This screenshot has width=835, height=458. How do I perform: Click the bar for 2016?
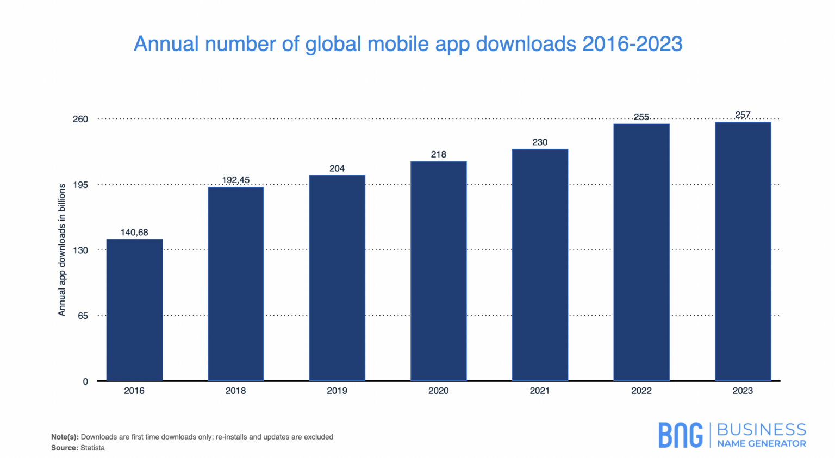(134, 310)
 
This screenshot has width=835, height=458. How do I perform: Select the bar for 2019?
(337, 278)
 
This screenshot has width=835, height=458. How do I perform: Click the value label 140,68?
(134, 233)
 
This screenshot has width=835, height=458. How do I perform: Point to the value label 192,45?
(235, 180)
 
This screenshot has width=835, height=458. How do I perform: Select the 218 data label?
(438, 154)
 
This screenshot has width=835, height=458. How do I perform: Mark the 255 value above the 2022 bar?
(641, 117)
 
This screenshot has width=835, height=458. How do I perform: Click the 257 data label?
(743, 115)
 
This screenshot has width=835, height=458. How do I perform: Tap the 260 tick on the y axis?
(80, 119)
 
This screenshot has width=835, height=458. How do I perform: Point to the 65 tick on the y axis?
(83, 316)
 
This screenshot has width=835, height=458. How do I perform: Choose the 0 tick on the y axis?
(85, 381)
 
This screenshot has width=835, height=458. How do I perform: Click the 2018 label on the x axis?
(235, 391)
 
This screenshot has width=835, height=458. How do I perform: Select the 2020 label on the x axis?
(438, 391)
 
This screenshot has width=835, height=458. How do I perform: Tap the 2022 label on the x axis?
(641, 391)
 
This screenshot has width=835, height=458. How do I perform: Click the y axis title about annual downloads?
(62, 249)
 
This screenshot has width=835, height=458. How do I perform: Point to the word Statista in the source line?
(92, 448)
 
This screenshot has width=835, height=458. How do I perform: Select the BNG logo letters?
(680, 435)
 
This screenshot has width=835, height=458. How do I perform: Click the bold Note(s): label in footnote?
(65, 437)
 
